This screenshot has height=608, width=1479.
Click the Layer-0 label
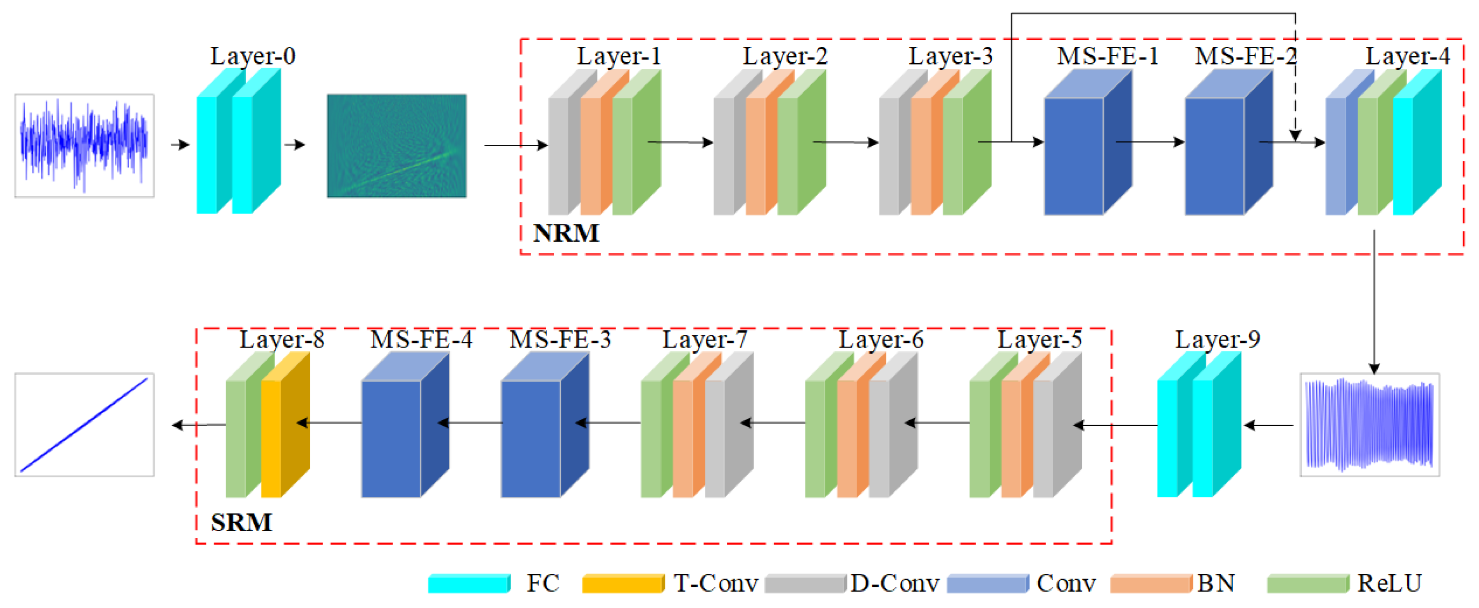pos(253,56)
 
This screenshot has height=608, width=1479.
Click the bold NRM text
pos(566,233)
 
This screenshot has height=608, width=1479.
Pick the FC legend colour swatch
pos(468,583)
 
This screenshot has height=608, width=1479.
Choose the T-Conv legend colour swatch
pos(622,583)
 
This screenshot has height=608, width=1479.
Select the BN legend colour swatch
pos(1151,583)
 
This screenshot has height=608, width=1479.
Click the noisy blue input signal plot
pos(84,146)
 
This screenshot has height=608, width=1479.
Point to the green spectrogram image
pos(397,146)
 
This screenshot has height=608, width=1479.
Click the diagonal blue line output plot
pos(84,425)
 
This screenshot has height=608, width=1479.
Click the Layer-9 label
pos(1217,340)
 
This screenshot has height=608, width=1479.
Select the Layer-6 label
pos(881,340)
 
